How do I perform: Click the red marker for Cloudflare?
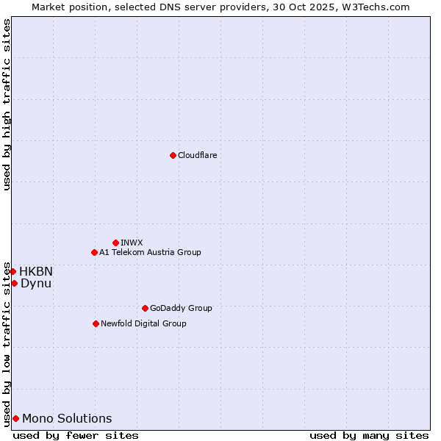173,155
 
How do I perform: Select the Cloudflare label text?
198,155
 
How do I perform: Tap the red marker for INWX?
115,243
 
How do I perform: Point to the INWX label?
132,243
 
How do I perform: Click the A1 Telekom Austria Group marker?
94,252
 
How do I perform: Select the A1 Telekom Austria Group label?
150,252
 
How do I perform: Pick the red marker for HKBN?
12,271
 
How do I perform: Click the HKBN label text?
36,271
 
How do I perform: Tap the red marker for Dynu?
14,283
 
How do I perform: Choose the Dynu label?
36,283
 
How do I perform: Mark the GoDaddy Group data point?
145,308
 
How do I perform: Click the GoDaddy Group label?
181,308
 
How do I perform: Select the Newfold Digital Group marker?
96,323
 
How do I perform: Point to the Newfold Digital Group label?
143,323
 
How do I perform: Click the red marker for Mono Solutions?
15,418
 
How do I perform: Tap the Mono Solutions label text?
67,418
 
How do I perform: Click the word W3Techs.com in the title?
381,7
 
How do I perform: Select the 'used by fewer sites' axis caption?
76,435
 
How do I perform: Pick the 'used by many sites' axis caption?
369,435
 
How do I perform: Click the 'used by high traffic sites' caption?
7,104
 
